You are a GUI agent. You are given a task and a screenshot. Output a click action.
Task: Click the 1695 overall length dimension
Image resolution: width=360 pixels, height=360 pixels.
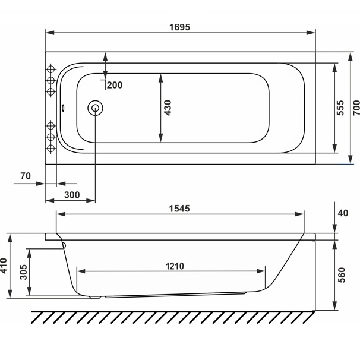point(180,27)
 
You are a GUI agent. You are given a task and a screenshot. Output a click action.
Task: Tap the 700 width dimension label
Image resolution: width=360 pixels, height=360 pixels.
point(356,108)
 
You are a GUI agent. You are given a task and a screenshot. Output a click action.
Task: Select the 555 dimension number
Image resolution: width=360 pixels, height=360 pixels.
point(340,108)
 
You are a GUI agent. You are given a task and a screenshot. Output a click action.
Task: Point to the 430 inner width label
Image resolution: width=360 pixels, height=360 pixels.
point(168,108)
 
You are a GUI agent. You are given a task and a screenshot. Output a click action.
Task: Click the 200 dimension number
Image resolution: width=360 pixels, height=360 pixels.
point(115,85)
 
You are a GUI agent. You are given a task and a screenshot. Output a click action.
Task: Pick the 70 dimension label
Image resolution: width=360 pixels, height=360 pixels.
point(26,176)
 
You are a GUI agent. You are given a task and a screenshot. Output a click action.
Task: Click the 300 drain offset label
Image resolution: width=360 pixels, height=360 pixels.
point(72,195)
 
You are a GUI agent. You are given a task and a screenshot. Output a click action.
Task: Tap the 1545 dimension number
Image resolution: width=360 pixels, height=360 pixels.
point(179,209)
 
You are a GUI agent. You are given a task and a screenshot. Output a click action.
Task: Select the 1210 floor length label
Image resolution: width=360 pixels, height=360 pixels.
point(175,266)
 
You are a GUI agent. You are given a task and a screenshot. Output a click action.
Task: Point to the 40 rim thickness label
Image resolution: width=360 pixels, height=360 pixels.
point(343,213)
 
